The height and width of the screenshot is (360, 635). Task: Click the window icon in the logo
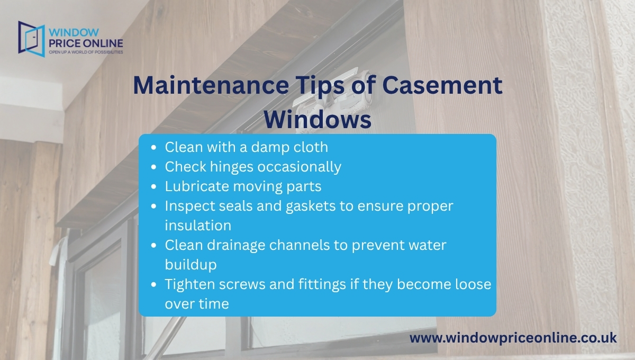pyautogui.click(x=30, y=38)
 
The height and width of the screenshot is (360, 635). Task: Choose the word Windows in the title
pyautogui.click(x=317, y=119)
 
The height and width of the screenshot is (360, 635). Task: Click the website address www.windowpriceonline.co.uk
pyautogui.click(x=513, y=337)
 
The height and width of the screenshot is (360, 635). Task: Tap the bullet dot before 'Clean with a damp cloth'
pyautogui.click(x=153, y=147)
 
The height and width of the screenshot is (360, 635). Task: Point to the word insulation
pyautogui.click(x=198, y=225)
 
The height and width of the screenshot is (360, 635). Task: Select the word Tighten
pyautogui.click(x=190, y=284)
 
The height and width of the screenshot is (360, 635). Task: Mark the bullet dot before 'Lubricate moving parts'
pyautogui.click(x=153, y=187)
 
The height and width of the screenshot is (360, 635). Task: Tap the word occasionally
pyautogui.click(x=300, y=167)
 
